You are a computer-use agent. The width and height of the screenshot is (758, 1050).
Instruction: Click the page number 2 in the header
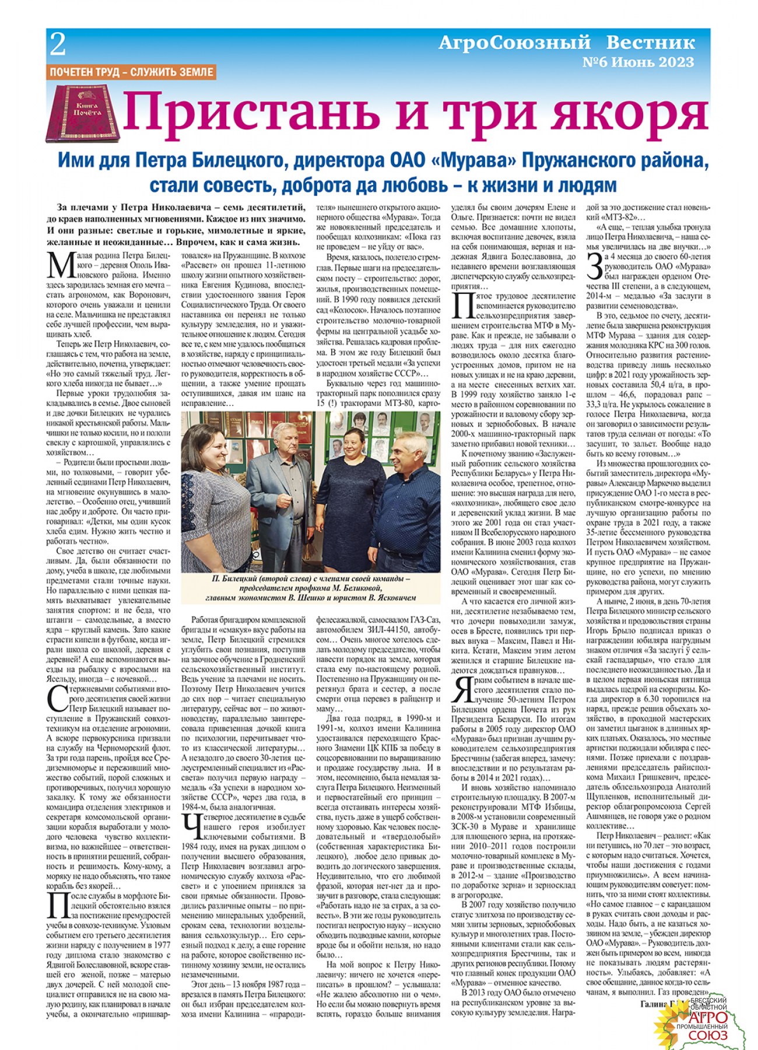click(58, 44)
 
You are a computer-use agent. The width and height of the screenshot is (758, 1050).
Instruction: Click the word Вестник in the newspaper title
click(650, 43)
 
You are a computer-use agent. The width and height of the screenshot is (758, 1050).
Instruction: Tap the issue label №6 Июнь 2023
click(638, 62)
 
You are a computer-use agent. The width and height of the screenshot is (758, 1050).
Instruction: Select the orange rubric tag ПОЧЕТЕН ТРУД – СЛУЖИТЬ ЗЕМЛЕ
click(132, 72)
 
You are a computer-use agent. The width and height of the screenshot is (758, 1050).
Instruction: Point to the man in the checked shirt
click(408, 502)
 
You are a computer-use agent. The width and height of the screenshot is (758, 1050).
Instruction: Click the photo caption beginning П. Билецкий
click(310, 588)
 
